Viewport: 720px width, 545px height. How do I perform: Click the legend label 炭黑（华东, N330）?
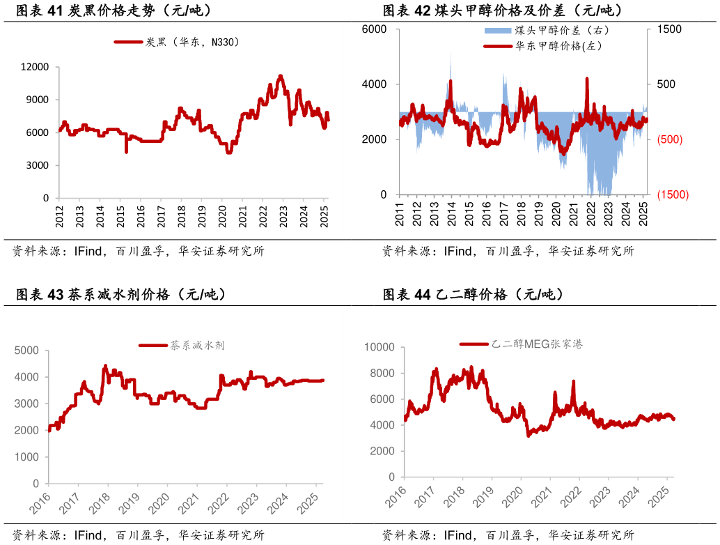point(192,43)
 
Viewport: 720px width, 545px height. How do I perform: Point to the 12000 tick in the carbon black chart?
point(36,67)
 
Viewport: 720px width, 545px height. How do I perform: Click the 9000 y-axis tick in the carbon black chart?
point(38,100)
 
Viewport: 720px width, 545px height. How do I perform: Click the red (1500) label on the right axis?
point(673,195)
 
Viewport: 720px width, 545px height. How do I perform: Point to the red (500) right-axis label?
point(670,139)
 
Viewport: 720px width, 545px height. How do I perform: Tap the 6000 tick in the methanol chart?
point(375,29)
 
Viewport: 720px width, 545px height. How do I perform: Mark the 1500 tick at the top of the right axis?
point(669,29)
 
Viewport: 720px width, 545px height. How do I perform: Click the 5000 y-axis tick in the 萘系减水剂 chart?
point(26,351)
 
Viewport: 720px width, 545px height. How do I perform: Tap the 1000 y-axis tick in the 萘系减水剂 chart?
point(26,457)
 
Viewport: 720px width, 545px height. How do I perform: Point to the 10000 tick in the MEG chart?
point(379,347)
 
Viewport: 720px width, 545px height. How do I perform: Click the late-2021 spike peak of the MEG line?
point(574,381)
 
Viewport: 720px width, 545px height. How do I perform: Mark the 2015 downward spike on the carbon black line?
point(126,151)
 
